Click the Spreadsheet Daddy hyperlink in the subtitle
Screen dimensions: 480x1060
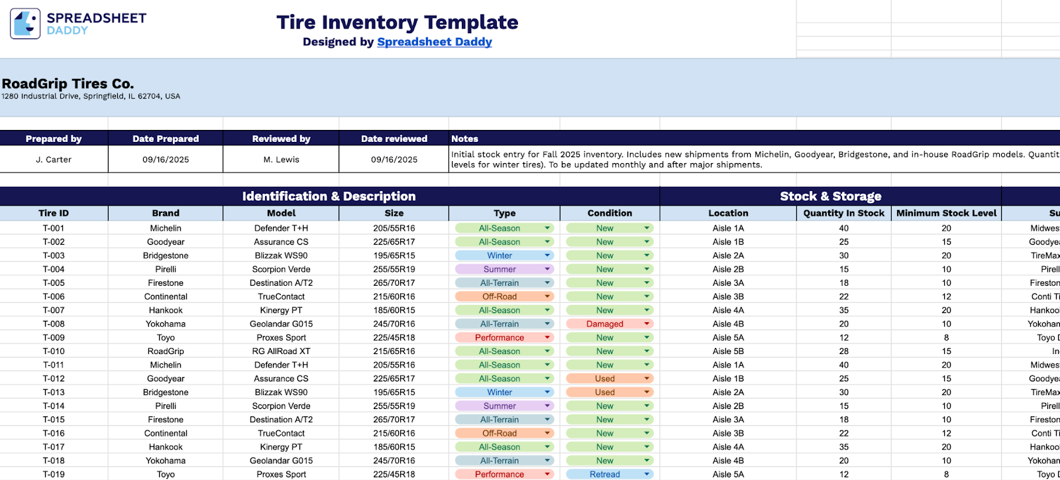tap(434, 42)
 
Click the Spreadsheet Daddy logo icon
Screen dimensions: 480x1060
tap(25, 24)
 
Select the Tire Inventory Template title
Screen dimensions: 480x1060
tap(397, 22)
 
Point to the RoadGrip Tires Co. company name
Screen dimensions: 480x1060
tap(68, 84)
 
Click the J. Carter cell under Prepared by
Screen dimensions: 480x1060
tap(54, 160)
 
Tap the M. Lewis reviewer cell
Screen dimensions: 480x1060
tap(281, 160)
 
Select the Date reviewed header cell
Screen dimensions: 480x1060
tap(394, 139)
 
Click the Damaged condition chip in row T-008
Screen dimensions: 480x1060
tap(605, 324)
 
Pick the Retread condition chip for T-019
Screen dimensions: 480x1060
tap(605, 475)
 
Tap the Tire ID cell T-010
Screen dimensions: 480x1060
tap(54, 351)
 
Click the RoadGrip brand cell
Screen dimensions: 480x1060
tap(166, 351)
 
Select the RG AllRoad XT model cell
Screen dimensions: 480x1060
tap(281, 351)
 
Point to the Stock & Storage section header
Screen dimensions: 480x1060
tap(830, 196)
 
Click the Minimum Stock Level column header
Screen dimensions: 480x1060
tap(946, 213)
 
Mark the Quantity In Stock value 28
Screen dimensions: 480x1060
tap(843, 351)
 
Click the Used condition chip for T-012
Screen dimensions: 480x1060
tap(605, 379)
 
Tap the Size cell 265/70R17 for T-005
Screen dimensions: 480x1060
tap(394, 283)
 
